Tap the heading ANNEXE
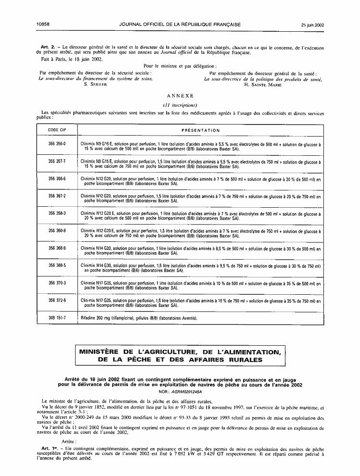coord(180,96)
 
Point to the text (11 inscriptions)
coord(180,105)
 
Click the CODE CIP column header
coord(57,130)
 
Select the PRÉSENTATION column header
coord(201,130)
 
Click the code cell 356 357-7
coord(57,162)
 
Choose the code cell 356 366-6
coord(57,179)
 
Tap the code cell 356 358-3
coord(57,213)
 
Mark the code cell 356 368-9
coord(57,248)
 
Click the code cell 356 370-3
coord(57,282)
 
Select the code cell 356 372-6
coord(57,300)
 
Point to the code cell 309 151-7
coord(57,317)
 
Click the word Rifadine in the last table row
coord(90,318)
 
